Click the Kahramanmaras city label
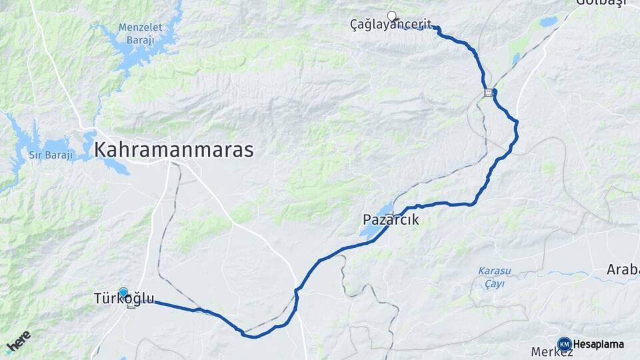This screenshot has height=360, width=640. (174, 149)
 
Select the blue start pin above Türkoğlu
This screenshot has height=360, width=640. (123, 291)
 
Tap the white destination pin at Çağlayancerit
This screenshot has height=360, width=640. (391, 16)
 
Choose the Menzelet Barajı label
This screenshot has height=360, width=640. (136, 33)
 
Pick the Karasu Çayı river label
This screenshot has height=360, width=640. (491, 277)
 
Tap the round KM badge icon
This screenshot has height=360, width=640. (564, 344)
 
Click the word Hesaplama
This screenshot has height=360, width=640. (598, 345)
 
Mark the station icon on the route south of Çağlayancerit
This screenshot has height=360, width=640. (489, 93)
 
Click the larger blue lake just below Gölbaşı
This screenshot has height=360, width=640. (549, 22)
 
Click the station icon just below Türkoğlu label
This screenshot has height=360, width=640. (131, 305)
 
